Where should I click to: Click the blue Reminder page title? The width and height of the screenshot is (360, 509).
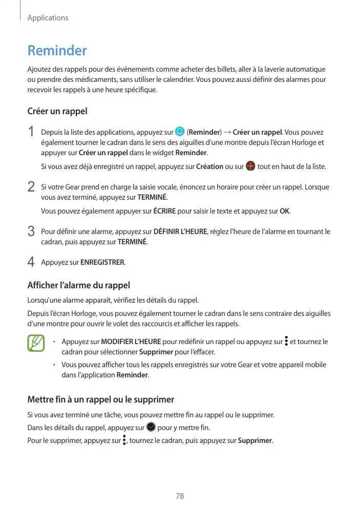[x=57, y=51]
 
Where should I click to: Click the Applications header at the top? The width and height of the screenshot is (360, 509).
[x=48, y=18]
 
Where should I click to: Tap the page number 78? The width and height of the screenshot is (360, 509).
[x=180, y=496]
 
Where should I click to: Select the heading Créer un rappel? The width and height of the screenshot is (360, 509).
[x=57, y=111]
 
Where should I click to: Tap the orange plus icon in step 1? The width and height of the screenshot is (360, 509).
[x=250, y=166]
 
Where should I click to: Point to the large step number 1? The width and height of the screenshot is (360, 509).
[x=31, y=132]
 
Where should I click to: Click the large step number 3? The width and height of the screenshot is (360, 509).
[x=31, y=232]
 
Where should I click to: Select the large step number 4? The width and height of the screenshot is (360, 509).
[x=31, y=262]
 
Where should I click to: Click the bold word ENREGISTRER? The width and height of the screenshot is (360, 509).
[x=102, y=263]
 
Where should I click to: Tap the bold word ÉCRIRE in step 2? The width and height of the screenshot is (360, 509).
[x=165, y=211]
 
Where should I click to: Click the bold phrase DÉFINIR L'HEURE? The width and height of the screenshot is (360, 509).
[x=180, y=232]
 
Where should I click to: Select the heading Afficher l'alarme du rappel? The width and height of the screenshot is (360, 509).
[x=78, y=285]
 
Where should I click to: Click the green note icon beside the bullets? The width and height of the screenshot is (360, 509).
[x=36, y=343]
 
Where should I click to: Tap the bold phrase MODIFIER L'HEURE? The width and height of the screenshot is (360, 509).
[x=131, y=342]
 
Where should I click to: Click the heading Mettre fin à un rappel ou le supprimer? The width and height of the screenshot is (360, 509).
[x=100, y=399]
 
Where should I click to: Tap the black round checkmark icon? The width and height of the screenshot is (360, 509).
[x=151, y=427]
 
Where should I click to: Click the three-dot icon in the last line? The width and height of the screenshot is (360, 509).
[x=124, y=440]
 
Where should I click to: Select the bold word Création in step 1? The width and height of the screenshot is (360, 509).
[x=209, y=166]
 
